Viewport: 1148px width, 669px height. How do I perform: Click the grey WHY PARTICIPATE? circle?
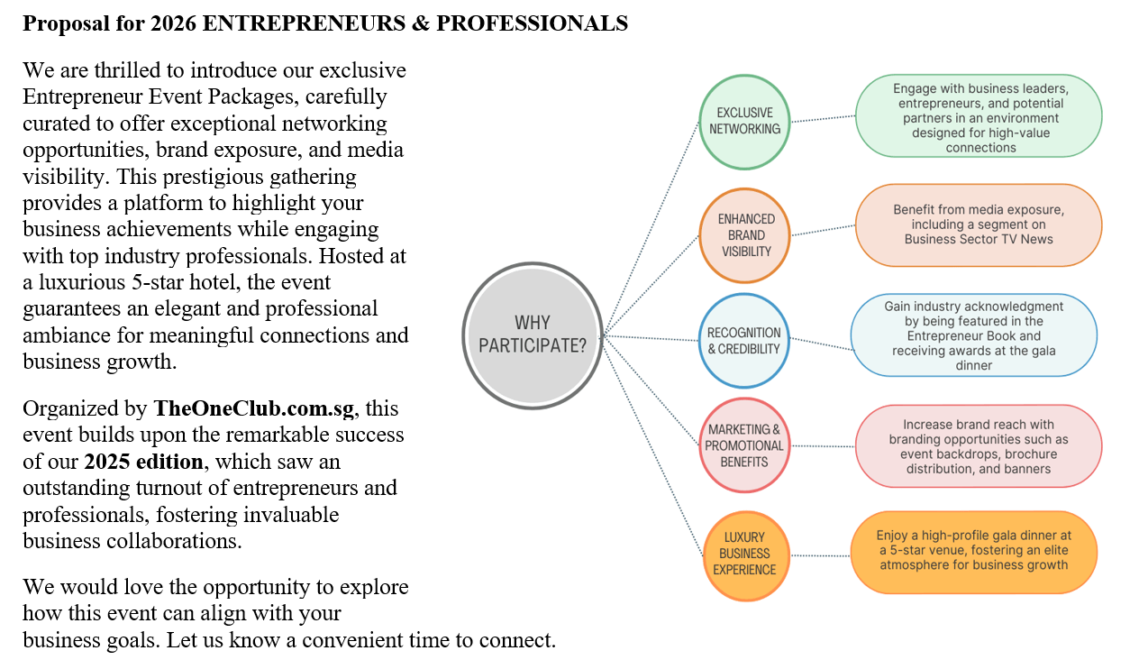[x=533, y=335]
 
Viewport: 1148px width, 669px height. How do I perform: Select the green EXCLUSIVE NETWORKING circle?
[x=744, y=122]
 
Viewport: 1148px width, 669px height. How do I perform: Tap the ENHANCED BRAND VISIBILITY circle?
[x=744, y=235]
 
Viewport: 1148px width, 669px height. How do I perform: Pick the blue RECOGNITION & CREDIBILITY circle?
[x=743, y=341]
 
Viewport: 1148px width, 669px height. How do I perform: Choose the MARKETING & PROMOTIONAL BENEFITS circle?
[x=744, y=445]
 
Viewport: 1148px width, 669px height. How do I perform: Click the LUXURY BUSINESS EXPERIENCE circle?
[x=746, y=555]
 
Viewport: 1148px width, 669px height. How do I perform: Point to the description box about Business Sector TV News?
[x=979, y=225]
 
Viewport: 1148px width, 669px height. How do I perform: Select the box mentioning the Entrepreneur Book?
[x=974, y=335]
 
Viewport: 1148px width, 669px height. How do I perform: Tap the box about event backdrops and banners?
[x=979, y=446]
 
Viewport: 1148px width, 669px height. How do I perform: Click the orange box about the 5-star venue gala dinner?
[x=974, y=552]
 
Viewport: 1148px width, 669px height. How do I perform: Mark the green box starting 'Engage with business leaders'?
[x=979, y=115]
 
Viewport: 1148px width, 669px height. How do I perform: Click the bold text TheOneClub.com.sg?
[x=254, y=408]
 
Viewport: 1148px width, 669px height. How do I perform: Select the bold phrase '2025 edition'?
[x=143, y=462]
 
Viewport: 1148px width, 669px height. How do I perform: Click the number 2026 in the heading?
[x=173, y=23]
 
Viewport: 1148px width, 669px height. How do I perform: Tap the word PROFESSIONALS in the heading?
[x=532, y=23]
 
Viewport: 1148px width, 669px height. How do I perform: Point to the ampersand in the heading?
[x=421, y=23]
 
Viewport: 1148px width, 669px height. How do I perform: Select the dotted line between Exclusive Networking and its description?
[x=823, y=119]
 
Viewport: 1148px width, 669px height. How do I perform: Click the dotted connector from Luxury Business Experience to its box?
[x=820, y=555]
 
